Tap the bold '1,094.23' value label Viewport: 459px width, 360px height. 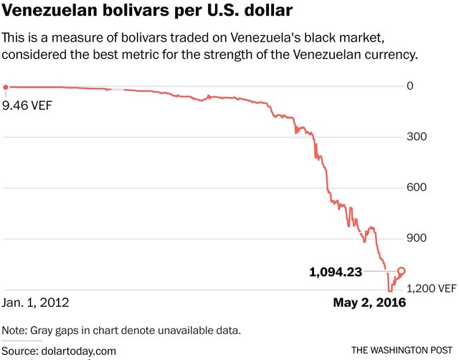pos(335,272)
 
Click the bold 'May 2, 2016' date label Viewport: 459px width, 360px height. pos(369,303)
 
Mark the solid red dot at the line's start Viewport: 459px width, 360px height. pos(6,87)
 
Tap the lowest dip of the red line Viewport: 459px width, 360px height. pos(389,289)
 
